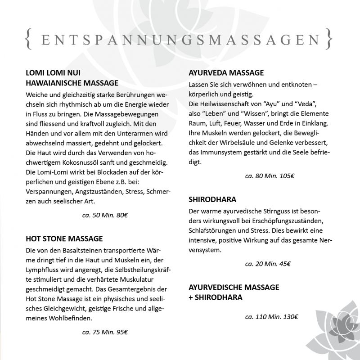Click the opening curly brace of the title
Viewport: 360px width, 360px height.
pyautogui.click(x=28, y=39)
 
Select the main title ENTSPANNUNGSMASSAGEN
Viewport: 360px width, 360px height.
pyautogui.click(x=180, y=40)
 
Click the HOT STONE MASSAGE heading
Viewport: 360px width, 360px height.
pyautogui.click(x=64, y=238)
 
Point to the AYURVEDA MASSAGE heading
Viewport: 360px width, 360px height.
pyautogui.click(x=226, y=73)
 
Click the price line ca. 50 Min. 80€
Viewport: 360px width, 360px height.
pyautogui.click(x=105, y=216)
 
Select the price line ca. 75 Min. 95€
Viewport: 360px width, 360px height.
pyautogui.click(x=105, y=333)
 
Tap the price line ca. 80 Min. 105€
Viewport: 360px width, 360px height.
pyautogui.click(x=270, y=176)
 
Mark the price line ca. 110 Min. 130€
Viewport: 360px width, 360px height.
pyautogui.click(x=271, y=317)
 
